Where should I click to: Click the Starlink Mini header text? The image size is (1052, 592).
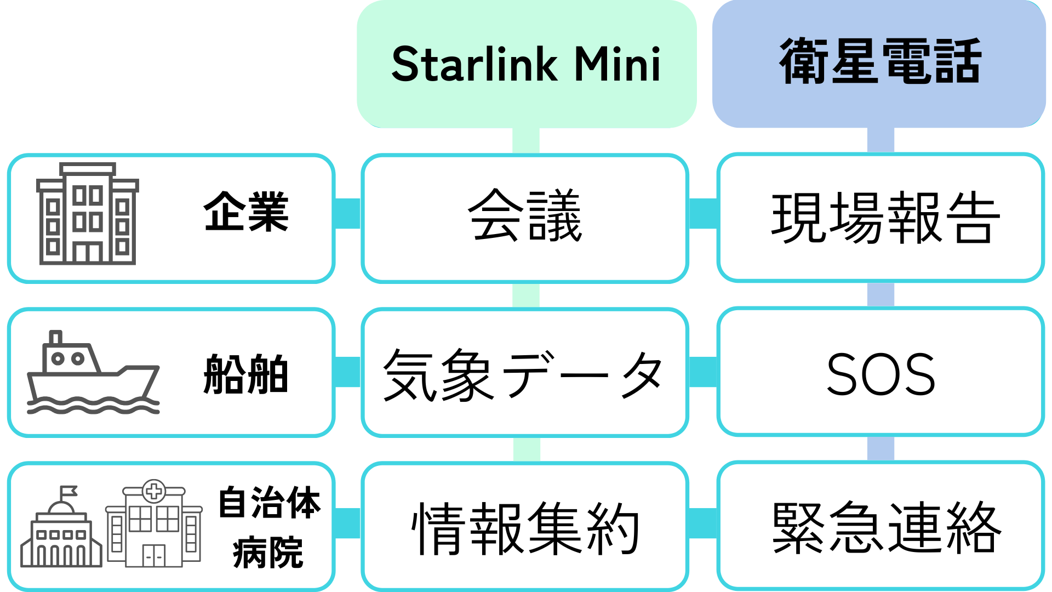pos(526,64)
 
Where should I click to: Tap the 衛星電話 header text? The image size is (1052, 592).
pos(879,61)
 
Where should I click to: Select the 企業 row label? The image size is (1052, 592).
pos(246,212)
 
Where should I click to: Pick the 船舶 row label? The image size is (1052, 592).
pos(245,374)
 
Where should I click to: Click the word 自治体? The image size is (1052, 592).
pos(269,502)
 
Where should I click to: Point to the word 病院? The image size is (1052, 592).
pos(268,553)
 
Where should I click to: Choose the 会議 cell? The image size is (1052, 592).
pos(525,215)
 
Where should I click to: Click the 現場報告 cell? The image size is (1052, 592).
pos(885,218)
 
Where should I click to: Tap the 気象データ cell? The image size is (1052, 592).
pos(523,375)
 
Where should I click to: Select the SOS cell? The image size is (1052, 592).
pos(881,374)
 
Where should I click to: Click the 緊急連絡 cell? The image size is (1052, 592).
pos(886,527)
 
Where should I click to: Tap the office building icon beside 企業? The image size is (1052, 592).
pos(87,214)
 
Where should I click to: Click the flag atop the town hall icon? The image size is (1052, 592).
pos(68,490)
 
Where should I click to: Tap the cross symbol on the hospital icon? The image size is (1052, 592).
pos(154,491)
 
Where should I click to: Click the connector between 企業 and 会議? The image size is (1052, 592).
pos(347,213)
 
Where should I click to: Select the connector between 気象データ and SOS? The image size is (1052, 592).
pos(703,372)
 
